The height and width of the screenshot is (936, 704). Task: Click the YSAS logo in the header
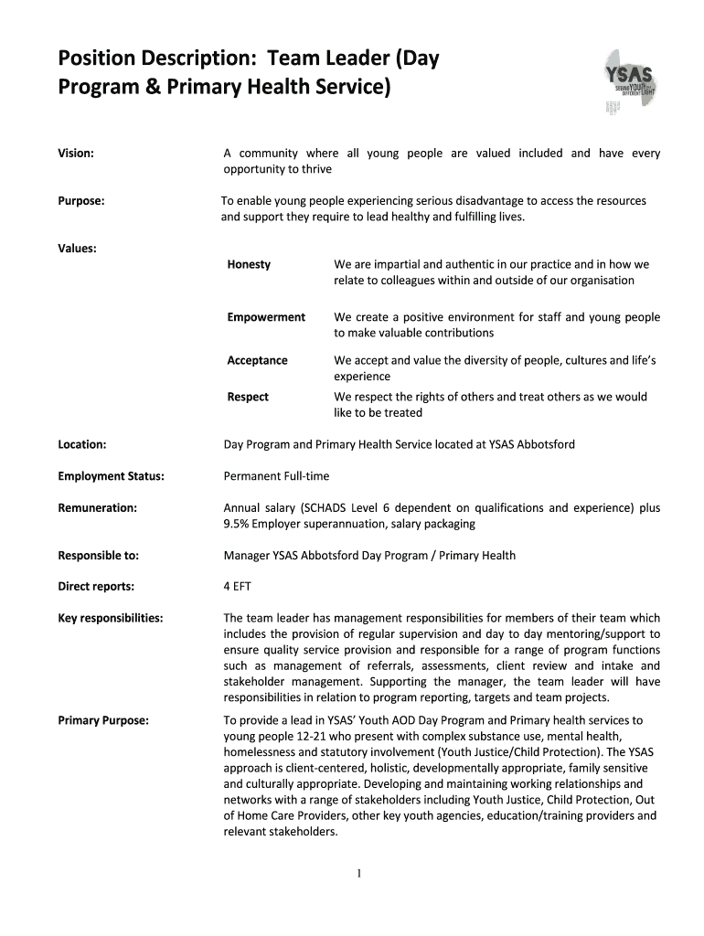[629, 81]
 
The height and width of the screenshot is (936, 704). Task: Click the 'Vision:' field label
[76, 154]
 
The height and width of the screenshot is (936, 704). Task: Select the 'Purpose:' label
[80, 201]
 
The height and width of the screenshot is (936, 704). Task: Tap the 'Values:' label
[78, 248]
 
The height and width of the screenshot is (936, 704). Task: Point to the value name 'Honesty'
[249, 264]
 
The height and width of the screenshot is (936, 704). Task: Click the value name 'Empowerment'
[266, 317]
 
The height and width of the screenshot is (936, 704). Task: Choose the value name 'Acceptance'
[257, 360]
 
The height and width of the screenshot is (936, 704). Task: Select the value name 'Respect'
[248, 397]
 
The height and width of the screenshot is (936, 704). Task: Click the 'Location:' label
[82, 444]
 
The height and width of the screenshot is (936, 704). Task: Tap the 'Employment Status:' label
[111, 476]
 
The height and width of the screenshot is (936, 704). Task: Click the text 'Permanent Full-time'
[276, 476]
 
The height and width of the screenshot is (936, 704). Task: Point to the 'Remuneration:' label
[97, 507]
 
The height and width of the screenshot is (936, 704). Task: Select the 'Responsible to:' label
[98, 555]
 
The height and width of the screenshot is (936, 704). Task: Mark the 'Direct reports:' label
[96, 586]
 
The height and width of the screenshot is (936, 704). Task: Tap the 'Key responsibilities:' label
[111, 618]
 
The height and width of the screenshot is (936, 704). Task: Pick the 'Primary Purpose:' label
[103, 720]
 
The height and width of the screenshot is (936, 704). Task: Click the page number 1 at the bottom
[359, 873]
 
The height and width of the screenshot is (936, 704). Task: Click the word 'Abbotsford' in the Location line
[545, 444]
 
